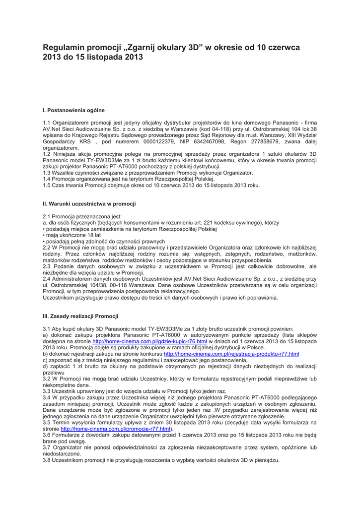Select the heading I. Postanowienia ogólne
point(74,110)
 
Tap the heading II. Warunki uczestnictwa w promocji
point(89,203)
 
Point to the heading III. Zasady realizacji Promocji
point(81,316)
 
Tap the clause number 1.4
point(47,179)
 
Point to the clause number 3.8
point(47,460)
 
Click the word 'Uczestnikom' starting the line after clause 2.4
point(58,298)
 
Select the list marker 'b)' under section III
point(46,354)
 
